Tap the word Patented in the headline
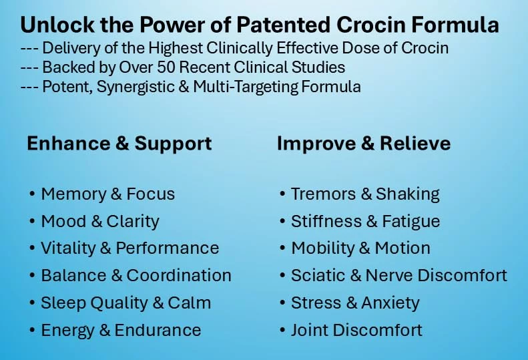point(283,24)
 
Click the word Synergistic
point(136,87)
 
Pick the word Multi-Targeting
point(246,87)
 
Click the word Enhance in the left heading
point(69,143)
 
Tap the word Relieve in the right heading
point(415,143)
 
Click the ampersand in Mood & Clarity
point(97,222)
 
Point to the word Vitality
point(68,248)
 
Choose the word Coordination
point(179,275)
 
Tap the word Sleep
point(63,303)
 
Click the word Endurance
point(158,330)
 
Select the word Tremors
point(323,194)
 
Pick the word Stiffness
point(326,222)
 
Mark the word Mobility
point(322,248)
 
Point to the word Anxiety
point(390,303)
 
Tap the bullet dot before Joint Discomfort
point(282,331)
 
